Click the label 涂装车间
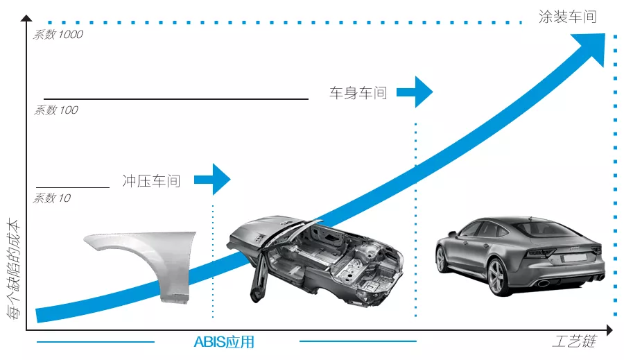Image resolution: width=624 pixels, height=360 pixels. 567,17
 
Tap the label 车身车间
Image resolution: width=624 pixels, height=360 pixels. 358,92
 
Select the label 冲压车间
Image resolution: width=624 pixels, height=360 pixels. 151,181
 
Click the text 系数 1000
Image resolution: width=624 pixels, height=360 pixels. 58,35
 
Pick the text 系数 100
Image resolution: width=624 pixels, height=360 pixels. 56,110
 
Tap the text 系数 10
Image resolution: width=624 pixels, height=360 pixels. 52,198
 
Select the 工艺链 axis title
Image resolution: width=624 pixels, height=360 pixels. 574,342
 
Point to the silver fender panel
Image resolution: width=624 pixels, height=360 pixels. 142,260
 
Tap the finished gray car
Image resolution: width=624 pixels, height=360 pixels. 520,253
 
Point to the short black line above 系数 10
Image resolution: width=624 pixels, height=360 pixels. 73,187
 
